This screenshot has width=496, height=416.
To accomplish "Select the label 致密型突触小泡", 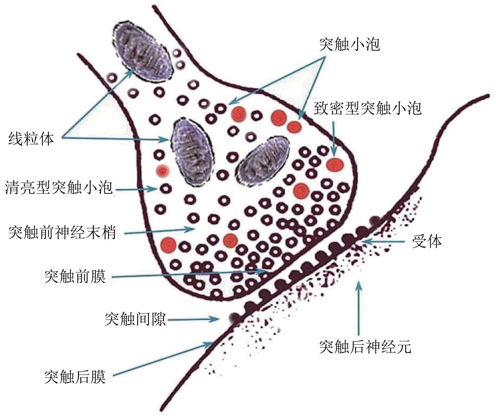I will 368,108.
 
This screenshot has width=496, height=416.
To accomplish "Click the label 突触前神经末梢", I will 62,233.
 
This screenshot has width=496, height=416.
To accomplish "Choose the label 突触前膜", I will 75,277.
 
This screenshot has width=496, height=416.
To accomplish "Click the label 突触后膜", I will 75,377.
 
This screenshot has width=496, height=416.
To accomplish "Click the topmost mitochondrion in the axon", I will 142,52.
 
